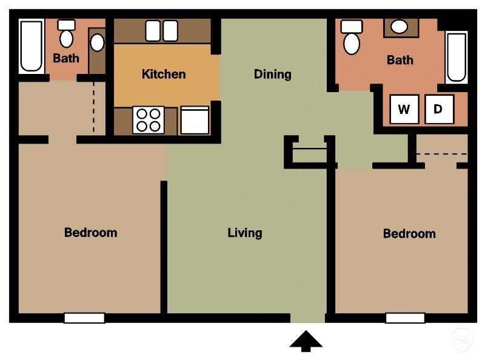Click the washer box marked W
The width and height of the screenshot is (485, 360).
[x=404, y=110]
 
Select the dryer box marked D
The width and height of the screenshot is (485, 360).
[x=439, y=110]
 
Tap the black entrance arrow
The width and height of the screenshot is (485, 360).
[x=306, y=341]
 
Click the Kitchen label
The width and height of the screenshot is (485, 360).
[x=164, y=74]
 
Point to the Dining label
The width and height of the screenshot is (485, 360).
[x=272, y=74]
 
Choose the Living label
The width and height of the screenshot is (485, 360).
[x=245, y=232]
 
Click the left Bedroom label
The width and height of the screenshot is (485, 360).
[x=91, y=232]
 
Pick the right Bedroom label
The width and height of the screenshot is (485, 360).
[x=409, y=233]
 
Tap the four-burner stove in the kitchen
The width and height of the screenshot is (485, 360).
[x=149, y=119]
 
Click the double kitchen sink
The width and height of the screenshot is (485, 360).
[x=161, y=30]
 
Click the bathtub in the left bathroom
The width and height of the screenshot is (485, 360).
[x=32, y=46]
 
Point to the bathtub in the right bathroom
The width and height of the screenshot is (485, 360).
[x=457, y=57]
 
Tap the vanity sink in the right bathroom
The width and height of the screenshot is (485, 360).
[x=399, y=27]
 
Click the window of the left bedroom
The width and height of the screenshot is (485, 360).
[x=84, y=318]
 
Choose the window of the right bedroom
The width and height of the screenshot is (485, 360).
[x=405, y=318]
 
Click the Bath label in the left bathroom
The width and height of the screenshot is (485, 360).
[x=66, y=59]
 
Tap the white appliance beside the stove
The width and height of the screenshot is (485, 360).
[x=195, y=121]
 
